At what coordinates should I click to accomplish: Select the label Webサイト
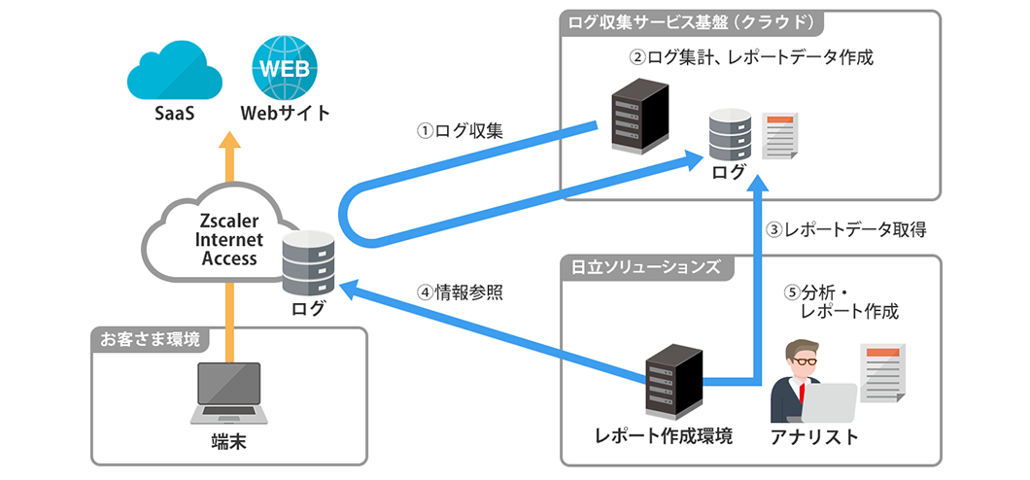tap(285, 114)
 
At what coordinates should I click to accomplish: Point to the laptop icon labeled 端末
tap(229, 394)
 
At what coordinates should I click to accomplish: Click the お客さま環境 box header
tap(151, 340)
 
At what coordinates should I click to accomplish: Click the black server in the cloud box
tap(639, 117)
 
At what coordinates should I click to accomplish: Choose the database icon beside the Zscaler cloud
tap(309, 262)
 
